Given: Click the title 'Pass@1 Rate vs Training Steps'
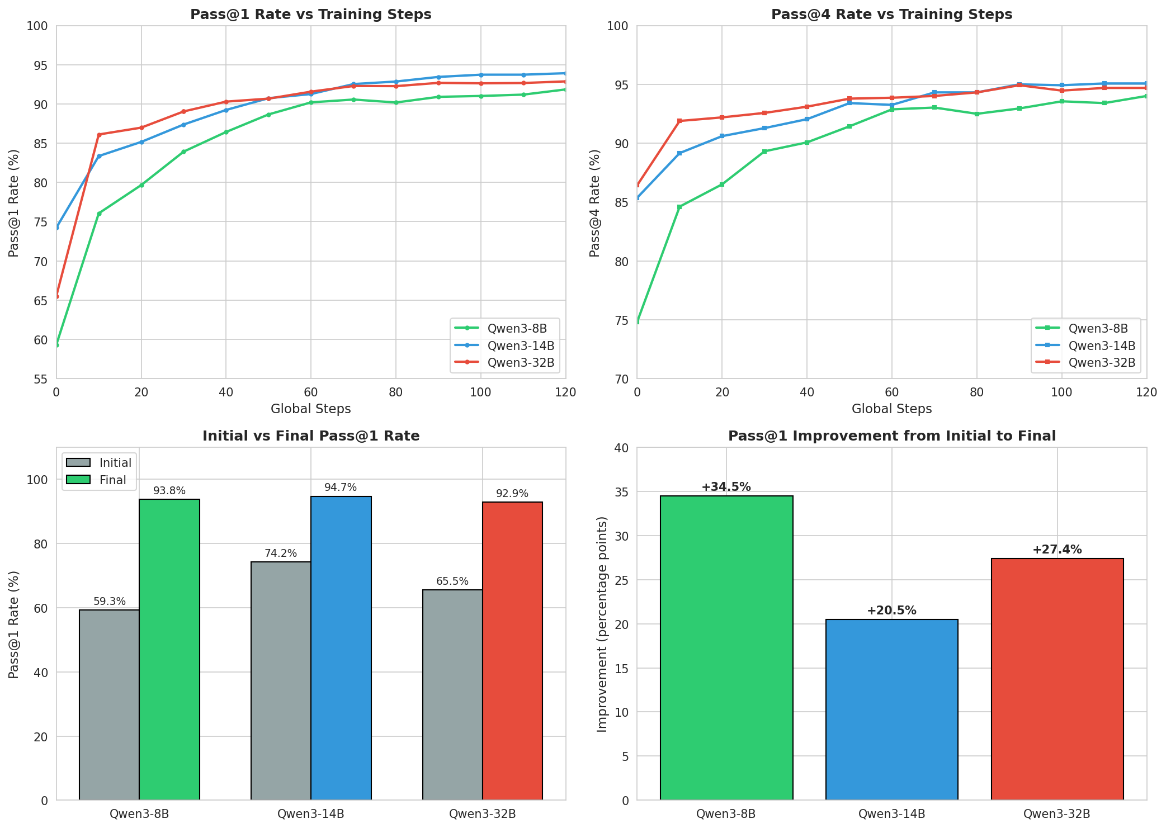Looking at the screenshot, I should coord(310,15).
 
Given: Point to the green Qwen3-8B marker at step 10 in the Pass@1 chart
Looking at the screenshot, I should coord(99,214).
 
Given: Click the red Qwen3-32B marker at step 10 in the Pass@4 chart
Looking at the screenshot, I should coord(679,121).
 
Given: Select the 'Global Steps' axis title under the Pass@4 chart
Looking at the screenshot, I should coord(891,409).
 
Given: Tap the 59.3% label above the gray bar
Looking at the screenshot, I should coord(110,602).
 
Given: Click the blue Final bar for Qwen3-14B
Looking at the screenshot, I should coord(341,649).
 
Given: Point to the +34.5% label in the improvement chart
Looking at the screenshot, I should coord(726,487).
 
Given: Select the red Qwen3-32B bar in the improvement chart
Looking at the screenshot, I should coord(1057,679).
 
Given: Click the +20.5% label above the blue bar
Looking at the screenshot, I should coord(891,611).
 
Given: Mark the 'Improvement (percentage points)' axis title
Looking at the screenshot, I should coord(602,624).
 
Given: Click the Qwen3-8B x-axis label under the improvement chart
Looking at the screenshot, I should coord(726,814).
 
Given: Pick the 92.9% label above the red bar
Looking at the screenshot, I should coord(512,494).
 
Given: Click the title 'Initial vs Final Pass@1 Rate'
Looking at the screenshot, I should coord(310,436).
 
